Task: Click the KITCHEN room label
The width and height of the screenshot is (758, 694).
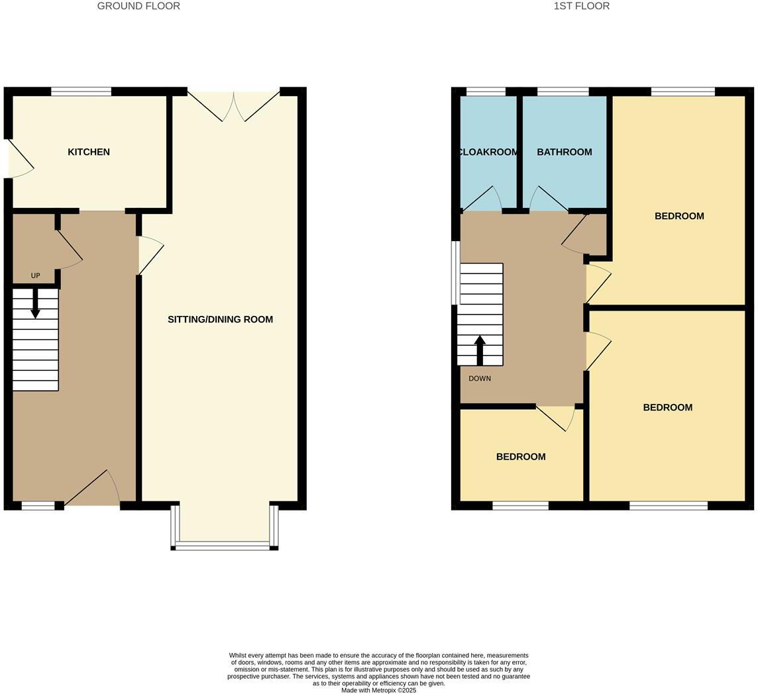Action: (89, 152)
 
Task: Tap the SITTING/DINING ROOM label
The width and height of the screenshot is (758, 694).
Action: (220, 320)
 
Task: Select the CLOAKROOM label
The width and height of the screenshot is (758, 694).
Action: (488, 152)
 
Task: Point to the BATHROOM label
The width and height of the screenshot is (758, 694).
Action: (564, 152)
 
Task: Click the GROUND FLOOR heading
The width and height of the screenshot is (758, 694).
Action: (138, 6)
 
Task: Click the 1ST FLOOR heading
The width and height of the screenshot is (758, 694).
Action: (581, 6)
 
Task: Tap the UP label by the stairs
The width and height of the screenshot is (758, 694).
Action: (35, 275)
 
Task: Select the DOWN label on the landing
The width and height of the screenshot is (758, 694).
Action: (480, 379)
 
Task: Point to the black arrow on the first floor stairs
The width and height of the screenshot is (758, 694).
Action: (480, 349)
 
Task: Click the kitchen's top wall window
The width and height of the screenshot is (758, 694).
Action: (81, 92)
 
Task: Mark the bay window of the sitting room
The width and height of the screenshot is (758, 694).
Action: (224, 545)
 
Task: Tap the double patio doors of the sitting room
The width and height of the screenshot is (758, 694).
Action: (234, 106)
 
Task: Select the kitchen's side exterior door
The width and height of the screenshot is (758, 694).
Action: (19, 159)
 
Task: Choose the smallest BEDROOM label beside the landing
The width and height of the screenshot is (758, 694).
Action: (521, 457)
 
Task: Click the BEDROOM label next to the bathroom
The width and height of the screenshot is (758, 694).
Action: (678, 217)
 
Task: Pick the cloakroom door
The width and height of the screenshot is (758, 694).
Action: (482, 199)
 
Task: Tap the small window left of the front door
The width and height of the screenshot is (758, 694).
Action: (38, 506)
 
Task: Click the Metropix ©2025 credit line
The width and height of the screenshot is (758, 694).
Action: (378, 690)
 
